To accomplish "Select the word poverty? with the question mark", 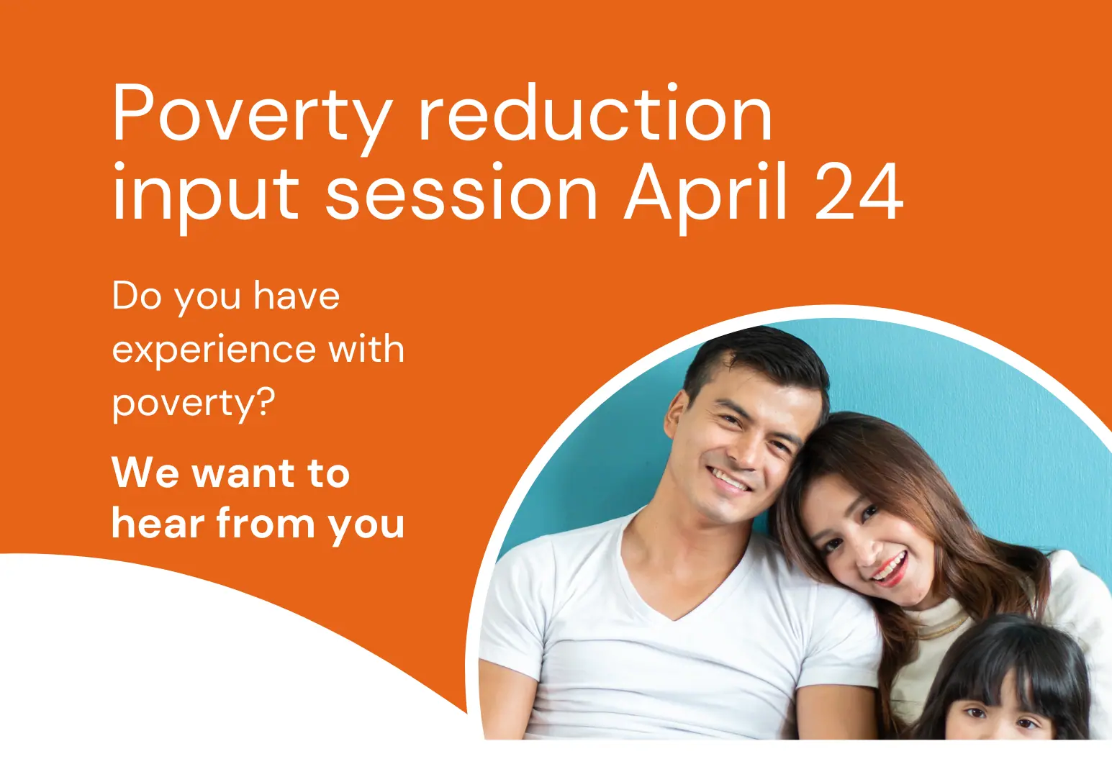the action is tap(194, 404).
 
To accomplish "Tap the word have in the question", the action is tap(297, 296).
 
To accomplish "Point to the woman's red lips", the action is tap(891, 570).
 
